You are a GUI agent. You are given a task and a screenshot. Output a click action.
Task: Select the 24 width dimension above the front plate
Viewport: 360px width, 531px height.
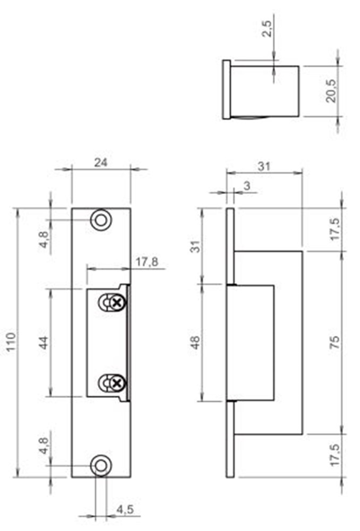[101, 163]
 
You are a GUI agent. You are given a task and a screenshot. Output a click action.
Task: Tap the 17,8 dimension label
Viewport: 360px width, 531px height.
[146, 263]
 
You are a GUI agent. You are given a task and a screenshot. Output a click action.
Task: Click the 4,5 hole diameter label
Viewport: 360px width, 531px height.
[125, 510]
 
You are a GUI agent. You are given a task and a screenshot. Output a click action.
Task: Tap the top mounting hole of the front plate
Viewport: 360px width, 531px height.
[101, 220]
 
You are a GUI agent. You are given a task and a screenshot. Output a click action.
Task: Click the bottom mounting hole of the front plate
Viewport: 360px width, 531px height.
[101, 465]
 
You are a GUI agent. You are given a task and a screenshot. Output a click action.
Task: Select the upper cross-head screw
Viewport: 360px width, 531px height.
[116, 303]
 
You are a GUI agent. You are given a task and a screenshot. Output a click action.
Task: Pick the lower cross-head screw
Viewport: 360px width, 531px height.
[116, 383]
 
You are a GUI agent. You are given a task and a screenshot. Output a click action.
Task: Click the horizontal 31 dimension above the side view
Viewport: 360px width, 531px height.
[264, 166]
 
